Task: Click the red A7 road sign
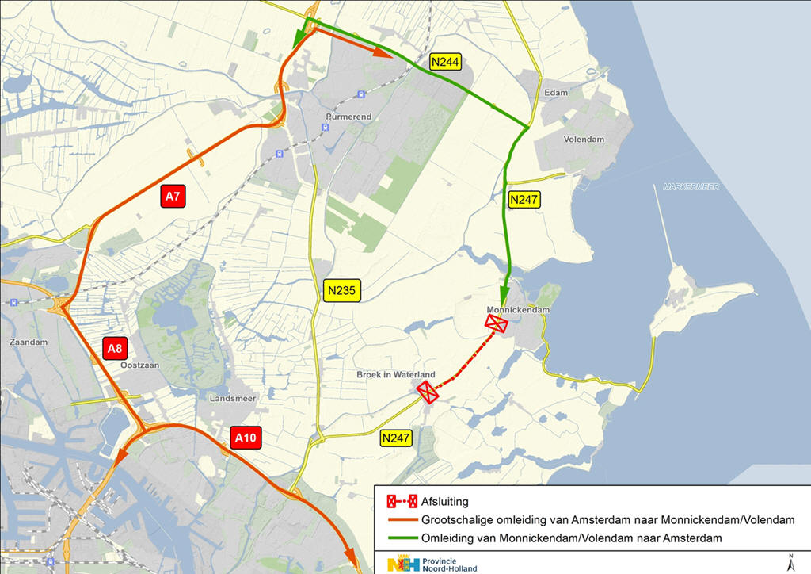coord(173,197)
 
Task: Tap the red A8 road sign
coord(115,348)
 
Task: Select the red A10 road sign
coord(245,437)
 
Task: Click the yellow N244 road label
coord(444,61)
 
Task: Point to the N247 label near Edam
coord(524,200)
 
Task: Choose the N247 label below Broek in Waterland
coord(395,438)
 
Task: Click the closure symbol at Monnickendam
coord(497,323)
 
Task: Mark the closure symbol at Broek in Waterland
coord(428,392)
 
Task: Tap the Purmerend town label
coord(348,117)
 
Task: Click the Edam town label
coord(557,94)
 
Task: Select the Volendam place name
coord(584,140)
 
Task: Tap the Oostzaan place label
coord(140,365)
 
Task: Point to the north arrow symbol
coord(790,563)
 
